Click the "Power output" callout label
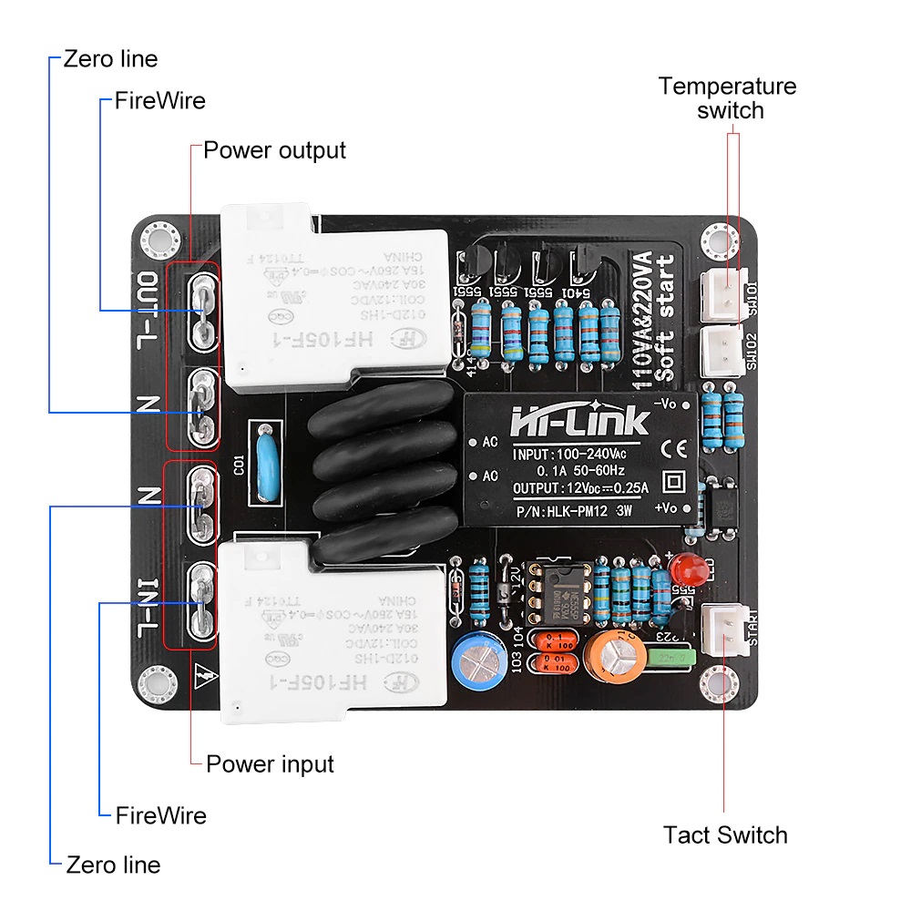point(274,150)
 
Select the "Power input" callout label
point(270,763)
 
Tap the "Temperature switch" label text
point(728,98)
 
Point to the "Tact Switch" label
point(725,834)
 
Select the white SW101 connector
point(723,292)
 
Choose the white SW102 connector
point(723,351)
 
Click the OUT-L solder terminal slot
point(202,312)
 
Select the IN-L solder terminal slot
point(202,601)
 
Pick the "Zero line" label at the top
point(110,59)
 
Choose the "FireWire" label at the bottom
point(160,815)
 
